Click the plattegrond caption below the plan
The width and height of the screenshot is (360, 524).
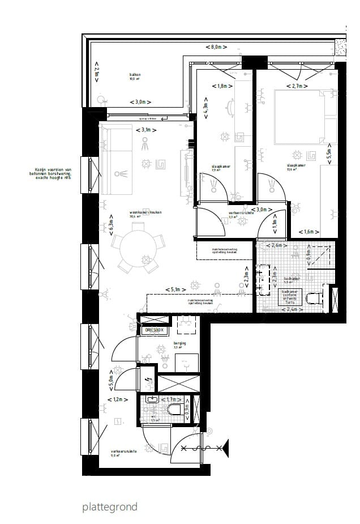click(x=109, y=507)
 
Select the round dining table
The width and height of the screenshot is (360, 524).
click(x=134, y=246)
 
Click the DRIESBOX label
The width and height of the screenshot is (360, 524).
click(x=153, y=330)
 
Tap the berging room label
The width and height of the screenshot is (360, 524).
click(x=181, y=344)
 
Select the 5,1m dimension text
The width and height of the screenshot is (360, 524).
click(x=177, y=289)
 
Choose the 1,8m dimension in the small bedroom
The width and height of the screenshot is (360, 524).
click(x=222, y=86)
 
